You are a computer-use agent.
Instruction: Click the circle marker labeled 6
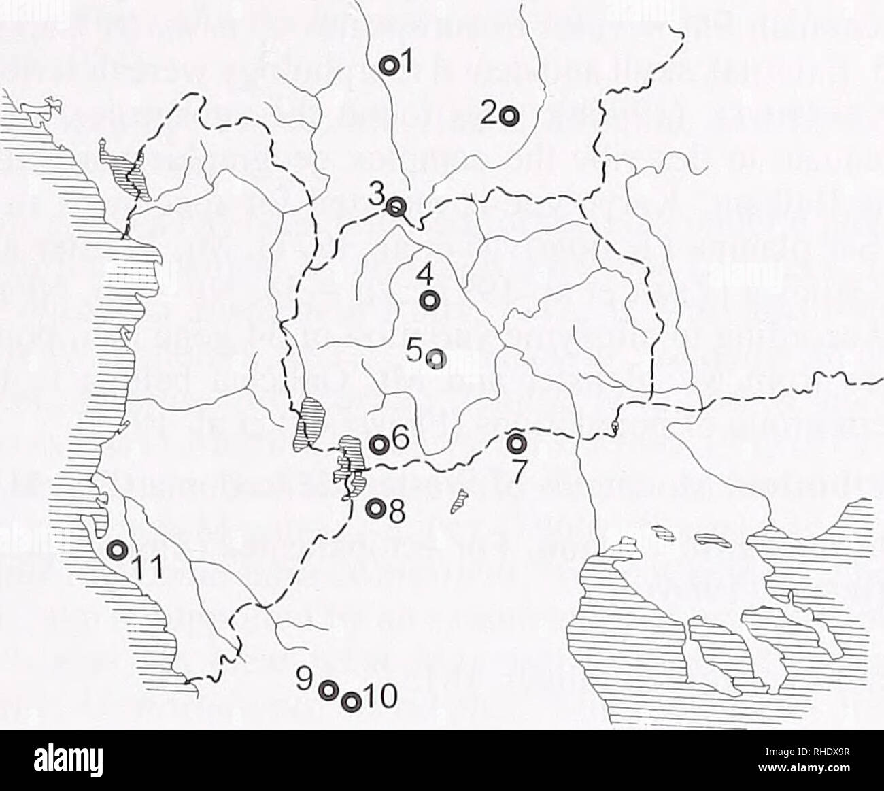click(x=379, y=444)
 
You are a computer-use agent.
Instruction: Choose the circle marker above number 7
click(x=517, y=443)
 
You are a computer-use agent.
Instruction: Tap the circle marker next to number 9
click(x=328, y=690)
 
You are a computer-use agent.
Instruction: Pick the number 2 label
click(x=489, y=113)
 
